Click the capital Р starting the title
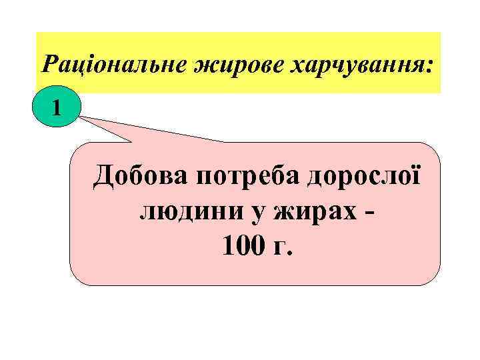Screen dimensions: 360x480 point(49,65)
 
